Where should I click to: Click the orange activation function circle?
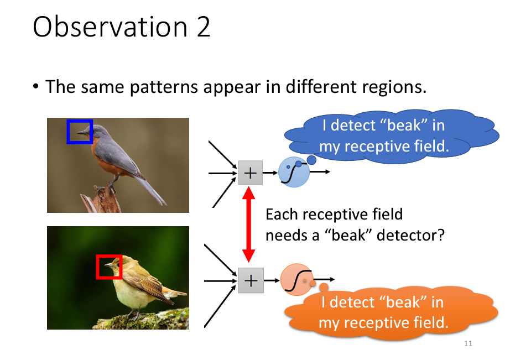pyautogui.click(x=296, y=279)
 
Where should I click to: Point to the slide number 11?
pyautogui.click(x=468, y=345)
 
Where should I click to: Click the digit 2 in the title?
pyautogui.click(x=202, y=28)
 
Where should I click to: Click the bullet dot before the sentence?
pyautogui.click(x=37, y=87)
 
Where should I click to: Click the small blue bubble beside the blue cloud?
pyautogui.click(x=311, y=160)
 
